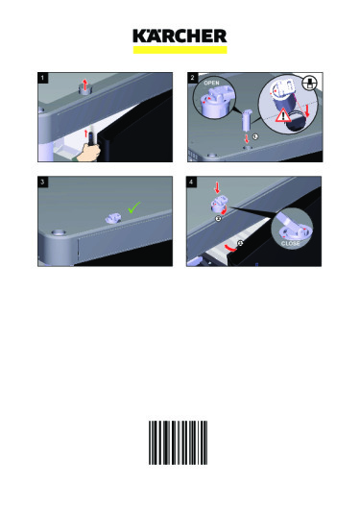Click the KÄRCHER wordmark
pos(180,36)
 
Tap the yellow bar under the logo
pos(180,50)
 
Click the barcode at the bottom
pos(178,443)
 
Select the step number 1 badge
pos(42,78)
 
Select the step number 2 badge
pos(192,78)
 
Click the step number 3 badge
pos(42,182)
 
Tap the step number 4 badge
pos(191,182)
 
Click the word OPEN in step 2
pos(211,83)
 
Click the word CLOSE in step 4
pos(291,244)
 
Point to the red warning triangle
pos(283,116)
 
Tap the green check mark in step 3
pos(134,207)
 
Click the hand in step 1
pos(88,152)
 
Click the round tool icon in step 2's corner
pos(309,83)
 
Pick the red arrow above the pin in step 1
pos(85,85)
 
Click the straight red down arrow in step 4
pos(217,188)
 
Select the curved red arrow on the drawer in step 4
pos(231,248)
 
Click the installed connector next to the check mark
pos(113,218)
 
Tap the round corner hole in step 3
pos(59,232)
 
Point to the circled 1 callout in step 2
pos(255,136)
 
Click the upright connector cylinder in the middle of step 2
pos(246,120)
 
